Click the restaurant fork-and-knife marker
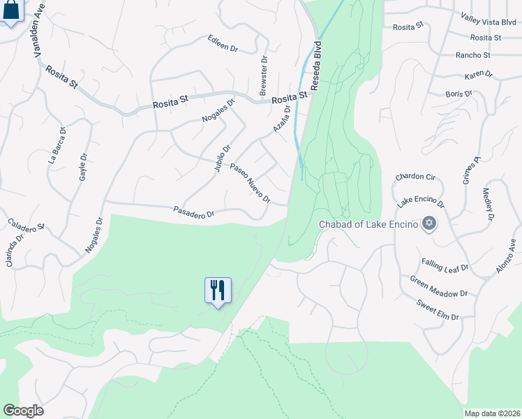click(218, 290)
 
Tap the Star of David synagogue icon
click(429, 223)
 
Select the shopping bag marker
click(10, 11)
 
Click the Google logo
click(23, 411)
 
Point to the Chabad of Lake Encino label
click(368, 224)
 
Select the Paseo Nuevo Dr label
click(250, 184)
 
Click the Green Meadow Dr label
click(438, 287)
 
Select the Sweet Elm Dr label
click(438, 311)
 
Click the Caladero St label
click(27, 226)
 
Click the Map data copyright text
click(492, 413)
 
